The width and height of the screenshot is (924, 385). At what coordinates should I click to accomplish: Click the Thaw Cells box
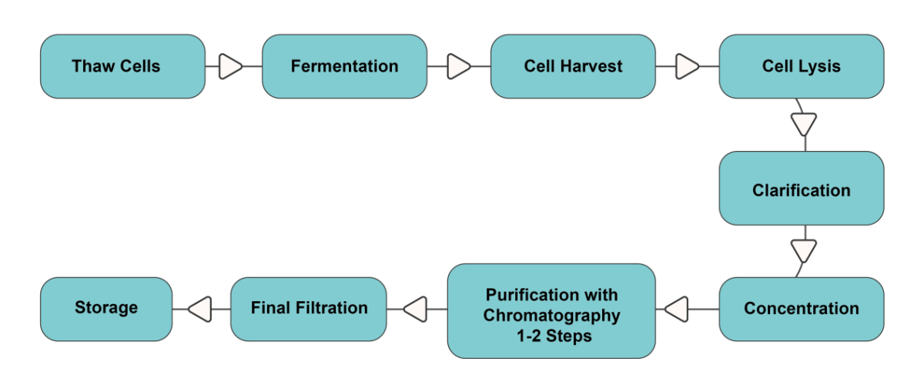[x=122, y=66]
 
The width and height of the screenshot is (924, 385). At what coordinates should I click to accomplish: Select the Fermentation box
[x=344, y=66]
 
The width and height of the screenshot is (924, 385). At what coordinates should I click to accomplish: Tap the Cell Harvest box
[x=573, y=66]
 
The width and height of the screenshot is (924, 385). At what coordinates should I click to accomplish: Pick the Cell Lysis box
[x=802, y=66]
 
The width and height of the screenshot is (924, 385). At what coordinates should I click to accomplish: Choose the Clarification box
[x=802, y=188]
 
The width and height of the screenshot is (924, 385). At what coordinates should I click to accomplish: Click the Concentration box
[x=802, y=309]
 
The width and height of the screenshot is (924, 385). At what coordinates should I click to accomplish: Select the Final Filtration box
[x=309, y=309]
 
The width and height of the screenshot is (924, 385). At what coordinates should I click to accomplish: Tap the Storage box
[x=106, y=309]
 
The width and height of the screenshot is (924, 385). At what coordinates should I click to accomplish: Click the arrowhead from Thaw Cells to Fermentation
[x=230, y=66]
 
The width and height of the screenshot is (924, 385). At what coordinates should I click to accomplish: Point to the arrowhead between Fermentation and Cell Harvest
[x=459, y=66]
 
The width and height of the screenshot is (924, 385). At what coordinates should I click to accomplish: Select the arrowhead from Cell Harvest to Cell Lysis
[x=688, y=66]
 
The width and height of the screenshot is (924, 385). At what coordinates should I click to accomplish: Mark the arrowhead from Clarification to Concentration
[x=804, y=251]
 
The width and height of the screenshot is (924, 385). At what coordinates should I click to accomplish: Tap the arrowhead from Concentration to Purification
[x=677, y=309]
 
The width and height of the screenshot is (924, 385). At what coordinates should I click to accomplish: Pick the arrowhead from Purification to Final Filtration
[x=415, y=309]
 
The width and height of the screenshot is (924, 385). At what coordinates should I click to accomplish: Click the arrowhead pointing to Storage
[x=199, y=309]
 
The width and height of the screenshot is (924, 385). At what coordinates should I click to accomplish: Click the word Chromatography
[x=551, y=316]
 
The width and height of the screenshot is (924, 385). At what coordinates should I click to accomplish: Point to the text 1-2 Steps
[x=554, y=336]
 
